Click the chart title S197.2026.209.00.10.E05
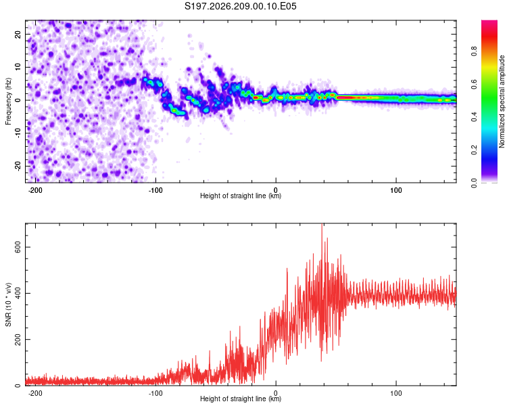pyautogui.click(x=240, y=6)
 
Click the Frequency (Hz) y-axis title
pyautogui.click(x=8, y=101)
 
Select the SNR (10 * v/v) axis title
pyautogui.click(x=8, y=304)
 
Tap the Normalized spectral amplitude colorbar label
pyautogui.click(x=502, y=101)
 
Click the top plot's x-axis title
pyautogui.click(x=241, y=196)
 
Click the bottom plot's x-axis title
pyautogui.click(x=241, y=399)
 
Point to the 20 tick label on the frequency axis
pyautogui.click(x=18, y=35)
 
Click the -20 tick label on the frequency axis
pyautogui.click(x=18, y=166)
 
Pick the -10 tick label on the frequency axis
pyautogui.click(x=18, y=133)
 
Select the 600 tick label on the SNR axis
pyautogui.click(x=18, y=247)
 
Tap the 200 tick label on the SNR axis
pyautogui.click(x=18, y=339)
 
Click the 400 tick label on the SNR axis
pyautogui.click(x=18, y=293)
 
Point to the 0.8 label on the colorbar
pyautogui.click(x=474, y=51)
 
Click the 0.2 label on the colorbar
pyautogui.click(x=474, y=150)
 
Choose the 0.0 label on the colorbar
pyautogui.click(x=474, y=183)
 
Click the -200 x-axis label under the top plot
pyautogui.click(x=35, y=190)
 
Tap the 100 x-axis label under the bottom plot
pyautogui.click(x=395, y=393)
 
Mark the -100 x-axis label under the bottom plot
pyautogui.click(x=155, y=393)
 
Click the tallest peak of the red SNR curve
pyautogui.click(x=322, y=224)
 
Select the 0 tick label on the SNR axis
pyautogui.click(x=18, y=386)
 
